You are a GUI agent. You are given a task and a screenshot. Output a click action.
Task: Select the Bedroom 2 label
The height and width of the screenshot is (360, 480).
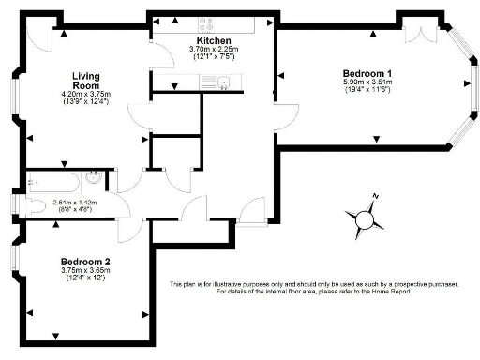tap(85, 262)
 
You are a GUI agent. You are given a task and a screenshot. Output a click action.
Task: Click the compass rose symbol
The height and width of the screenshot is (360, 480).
tap(365, 217)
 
